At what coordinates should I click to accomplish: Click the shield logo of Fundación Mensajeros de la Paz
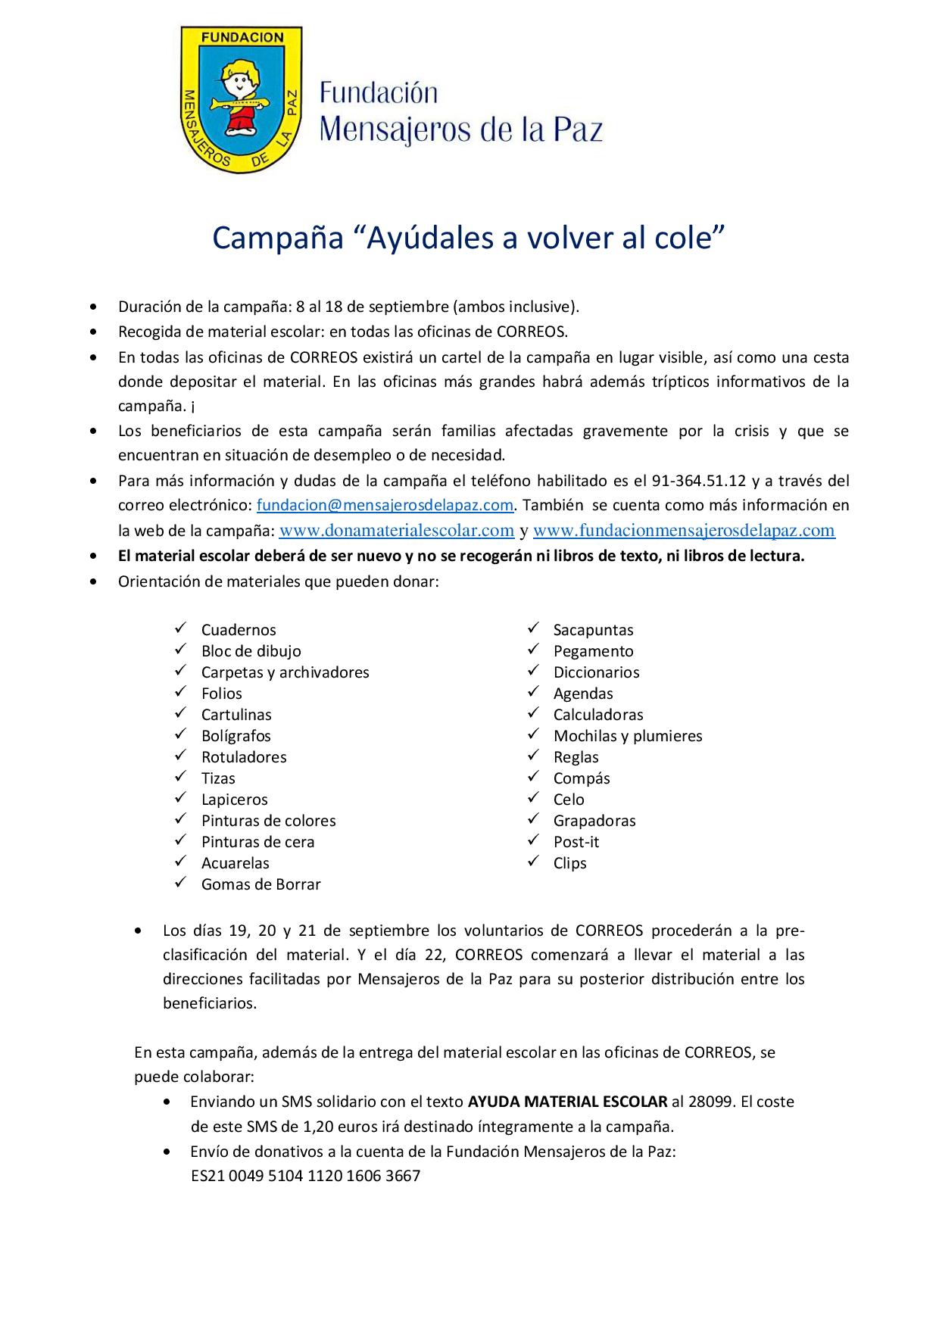coord(241,98)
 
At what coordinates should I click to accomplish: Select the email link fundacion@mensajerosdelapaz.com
coord(385,505)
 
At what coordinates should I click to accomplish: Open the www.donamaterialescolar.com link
coord(397,531)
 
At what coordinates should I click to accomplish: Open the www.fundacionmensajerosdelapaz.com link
coord(684,531)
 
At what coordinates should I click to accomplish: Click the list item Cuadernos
coord(239,630)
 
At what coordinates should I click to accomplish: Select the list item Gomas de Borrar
coord(260,884)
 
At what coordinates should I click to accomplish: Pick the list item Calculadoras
coord(598,715)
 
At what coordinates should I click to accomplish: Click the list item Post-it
coord(576,842)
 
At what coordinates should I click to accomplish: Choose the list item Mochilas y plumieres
coord(628,736)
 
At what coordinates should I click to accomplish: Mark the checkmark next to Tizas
coord(181,777)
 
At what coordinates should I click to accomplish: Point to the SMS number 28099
coord(716,1102)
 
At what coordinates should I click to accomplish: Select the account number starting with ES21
coord(305,1177)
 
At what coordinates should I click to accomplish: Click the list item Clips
coord(569,863)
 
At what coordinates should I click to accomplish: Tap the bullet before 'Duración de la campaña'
coord(93,307)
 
